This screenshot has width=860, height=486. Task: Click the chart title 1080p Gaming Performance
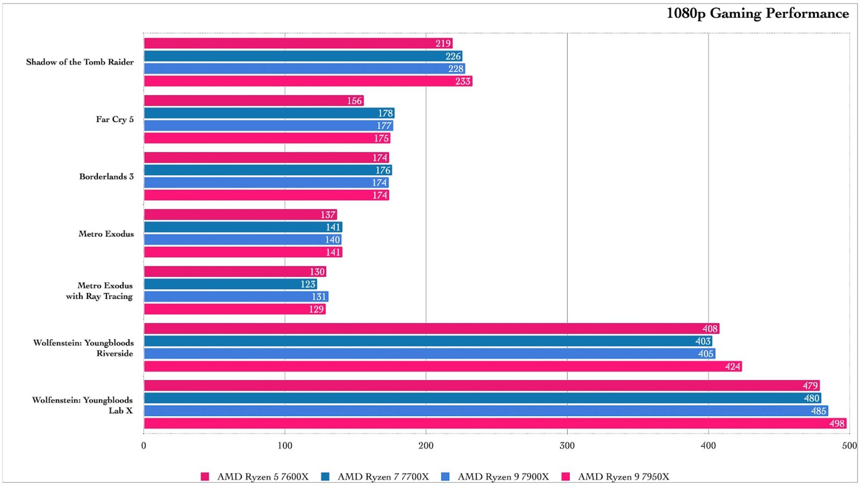click(757, 13)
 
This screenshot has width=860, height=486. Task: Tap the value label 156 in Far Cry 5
click(354, 101)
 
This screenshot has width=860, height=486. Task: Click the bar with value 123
click(230, 284)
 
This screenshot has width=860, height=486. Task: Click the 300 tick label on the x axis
click(567, 446)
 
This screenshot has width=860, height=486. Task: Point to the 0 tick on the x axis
click(144, 446)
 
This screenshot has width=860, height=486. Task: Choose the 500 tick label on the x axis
click(849, 446)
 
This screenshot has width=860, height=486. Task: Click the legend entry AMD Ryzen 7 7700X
click(383, 477)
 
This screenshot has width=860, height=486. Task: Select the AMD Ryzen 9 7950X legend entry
click(623, 477)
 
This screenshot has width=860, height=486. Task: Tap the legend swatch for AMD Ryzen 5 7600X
click(205, 477)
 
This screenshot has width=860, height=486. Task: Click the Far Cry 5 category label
click(115, 120)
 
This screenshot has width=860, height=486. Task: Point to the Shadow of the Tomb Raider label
click(80, 62)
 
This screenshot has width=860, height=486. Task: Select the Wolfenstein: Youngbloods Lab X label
click(82, 405)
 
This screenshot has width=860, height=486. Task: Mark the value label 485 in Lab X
click(818, 411)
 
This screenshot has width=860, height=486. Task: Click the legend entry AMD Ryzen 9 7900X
click(503, 477)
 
